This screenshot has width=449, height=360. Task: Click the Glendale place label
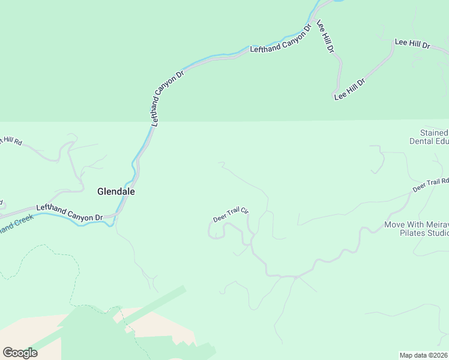(116, 192)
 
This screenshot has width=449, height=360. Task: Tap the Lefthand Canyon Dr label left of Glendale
(70, 212)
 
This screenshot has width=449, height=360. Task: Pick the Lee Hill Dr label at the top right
(412, 44)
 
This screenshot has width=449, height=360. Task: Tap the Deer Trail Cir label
(231, 215)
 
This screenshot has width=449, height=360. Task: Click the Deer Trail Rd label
(431, 185)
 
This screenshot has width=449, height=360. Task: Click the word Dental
(421, 142)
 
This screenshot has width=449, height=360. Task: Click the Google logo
(20, 352)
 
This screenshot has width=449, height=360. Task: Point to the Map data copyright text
(423, 355)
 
